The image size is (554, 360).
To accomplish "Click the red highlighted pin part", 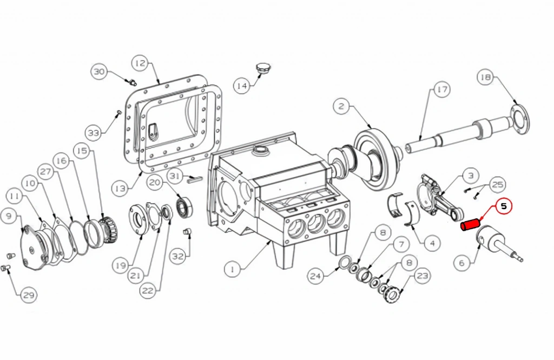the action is pos(469,224).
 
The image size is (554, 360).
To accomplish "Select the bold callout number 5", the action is pos(504,206).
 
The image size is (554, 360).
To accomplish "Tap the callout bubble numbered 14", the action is pos(242,85).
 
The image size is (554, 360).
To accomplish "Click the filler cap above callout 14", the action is pos(262,68).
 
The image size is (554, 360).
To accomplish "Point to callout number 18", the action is pos(485,77).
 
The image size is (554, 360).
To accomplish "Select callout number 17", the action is pos(441,90).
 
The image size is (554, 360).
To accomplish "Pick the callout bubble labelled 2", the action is pos(341,106).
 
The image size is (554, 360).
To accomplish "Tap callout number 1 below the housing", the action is pos(232,270).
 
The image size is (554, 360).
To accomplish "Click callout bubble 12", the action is pos(140,63).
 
